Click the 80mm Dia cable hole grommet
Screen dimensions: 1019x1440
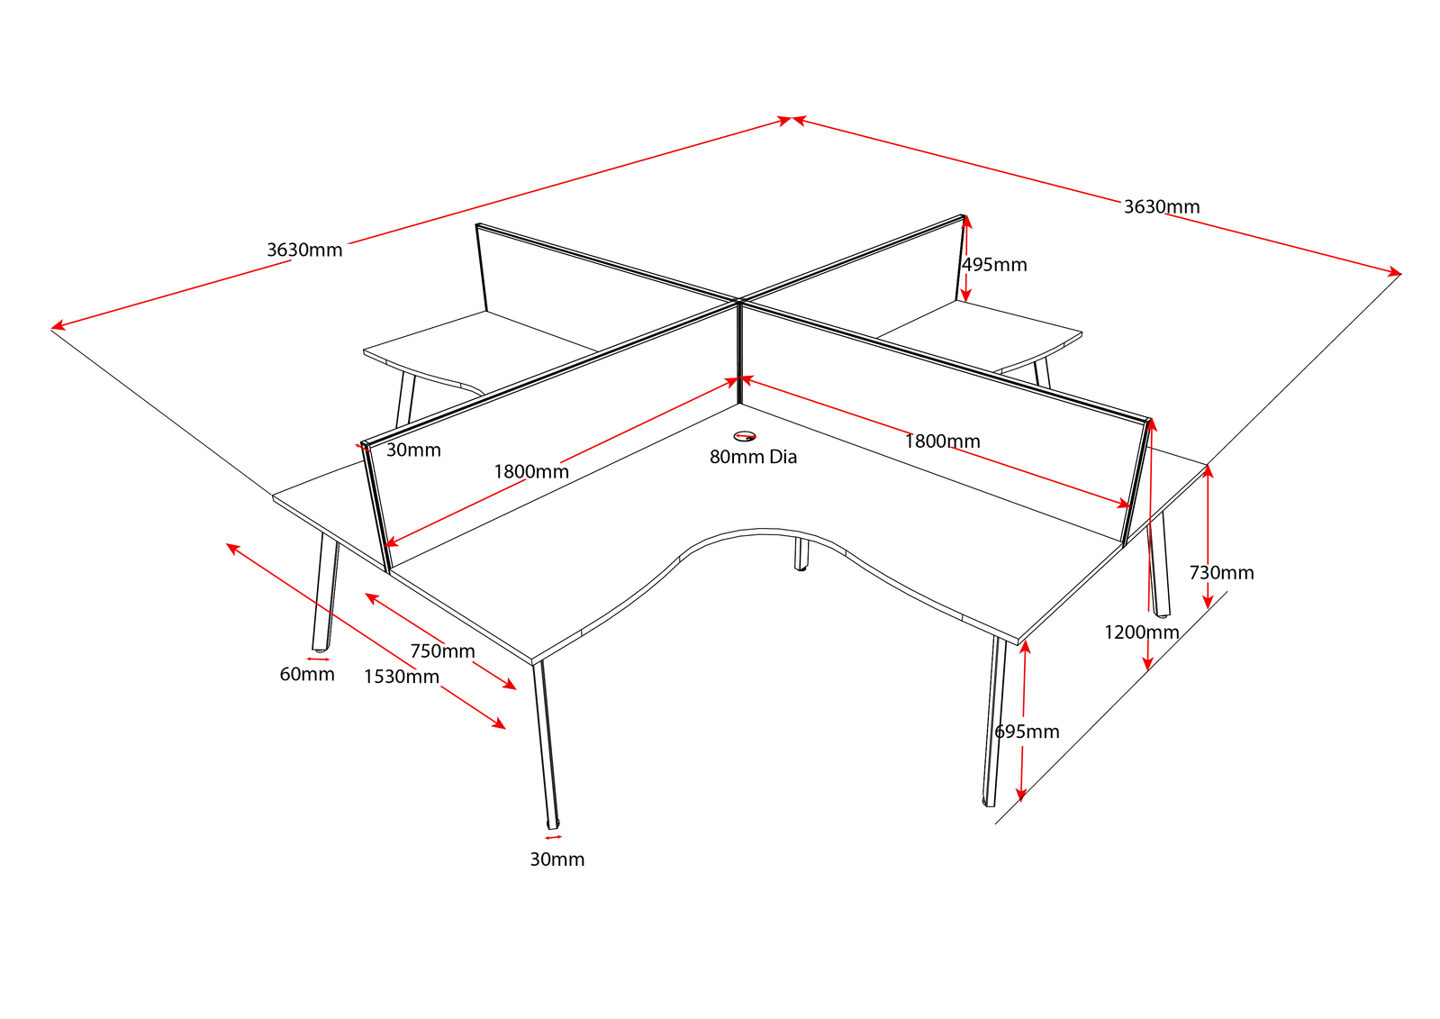(x=746, y=437)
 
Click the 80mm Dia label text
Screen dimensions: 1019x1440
(x=753, y=457)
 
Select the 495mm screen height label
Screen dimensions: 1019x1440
(x=994, y=265)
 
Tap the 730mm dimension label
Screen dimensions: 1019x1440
(x=1221, y=573)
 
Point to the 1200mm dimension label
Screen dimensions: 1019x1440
(x=1141, y=632)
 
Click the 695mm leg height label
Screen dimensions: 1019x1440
(x=1027, y=732)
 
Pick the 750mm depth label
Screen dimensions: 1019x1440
(x=442, y=651)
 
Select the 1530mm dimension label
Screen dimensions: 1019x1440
(x=402, y=677)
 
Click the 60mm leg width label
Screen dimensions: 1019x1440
(x=307, y=674)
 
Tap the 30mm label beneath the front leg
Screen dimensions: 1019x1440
(x=557, y=860)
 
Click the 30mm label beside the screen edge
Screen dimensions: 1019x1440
(x=413, y=450)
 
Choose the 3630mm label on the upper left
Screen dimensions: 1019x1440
(x=304, y=250)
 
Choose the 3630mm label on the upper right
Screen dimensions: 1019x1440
(x=1162, y=207)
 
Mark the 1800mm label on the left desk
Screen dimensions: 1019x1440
(x=531, y=471)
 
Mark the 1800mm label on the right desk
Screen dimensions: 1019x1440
(x=942, y=441)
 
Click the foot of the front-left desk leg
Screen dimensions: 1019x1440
(x=552, y=823)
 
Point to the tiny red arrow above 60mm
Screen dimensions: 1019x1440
(x=318, y=659)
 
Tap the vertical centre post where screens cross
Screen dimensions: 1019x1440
(x=738, y=351)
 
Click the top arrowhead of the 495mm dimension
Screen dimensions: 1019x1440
(x=965, y=222)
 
